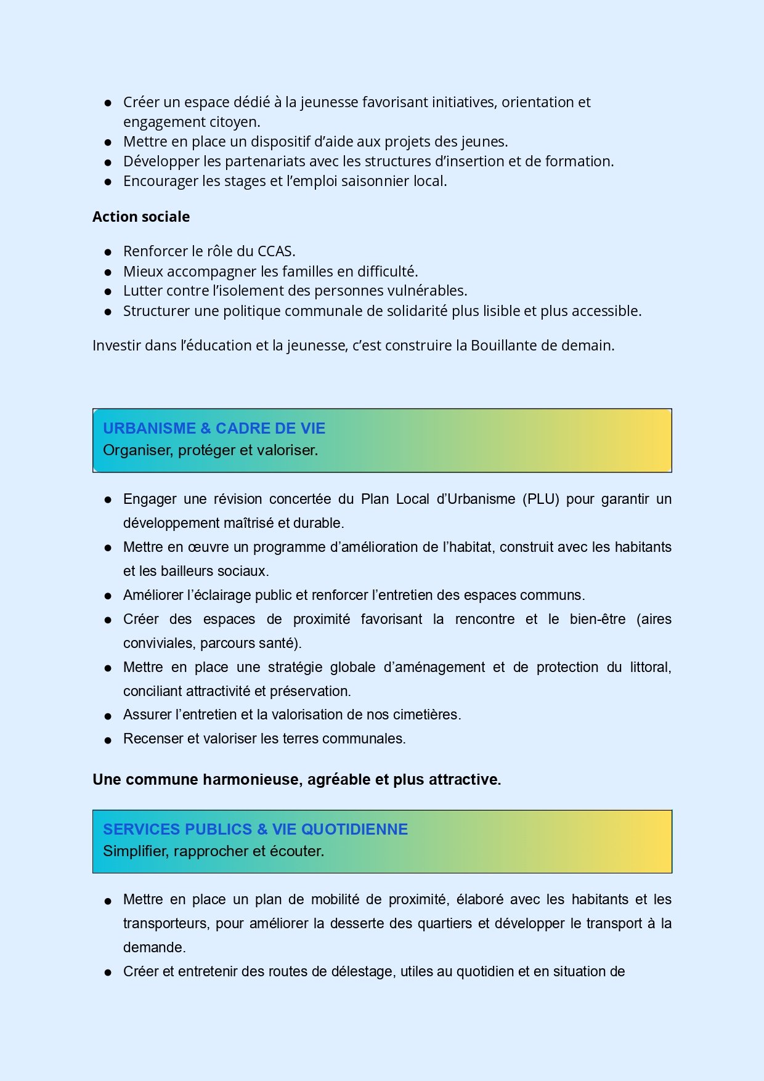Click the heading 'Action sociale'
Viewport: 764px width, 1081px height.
(x=141, y=217)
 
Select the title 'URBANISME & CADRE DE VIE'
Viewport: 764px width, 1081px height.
(x=214, y=428)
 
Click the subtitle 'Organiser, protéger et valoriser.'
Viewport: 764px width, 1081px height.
(x=210, y=450)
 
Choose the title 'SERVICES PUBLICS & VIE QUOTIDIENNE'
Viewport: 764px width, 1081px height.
(x=255, y=829)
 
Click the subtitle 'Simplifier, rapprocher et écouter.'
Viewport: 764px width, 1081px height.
(x=213, y=851)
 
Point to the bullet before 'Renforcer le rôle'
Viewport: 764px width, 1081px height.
(x=108, y=252)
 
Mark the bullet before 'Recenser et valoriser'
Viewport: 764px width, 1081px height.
(x=108, y=740)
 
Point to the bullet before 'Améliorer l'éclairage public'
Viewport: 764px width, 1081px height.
(x=108, y=596)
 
